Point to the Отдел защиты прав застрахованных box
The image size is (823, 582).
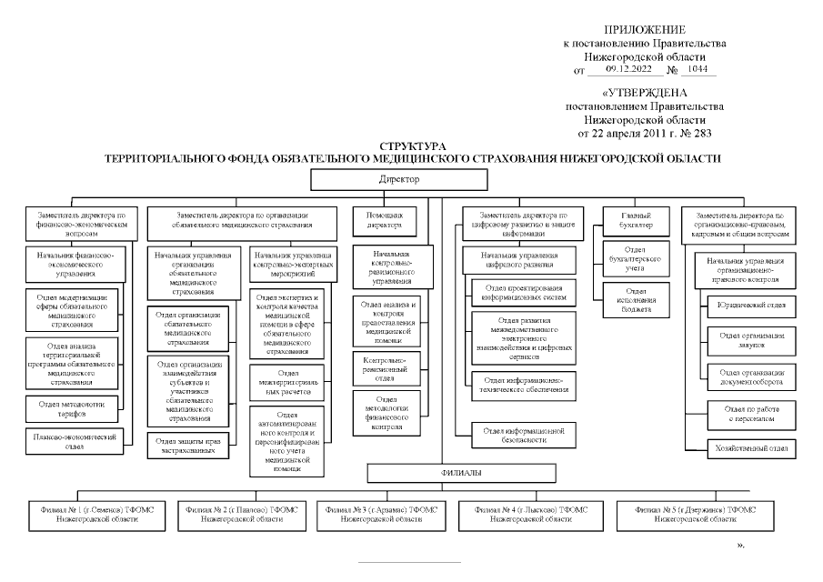(191, 446)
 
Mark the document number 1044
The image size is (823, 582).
(698, 69)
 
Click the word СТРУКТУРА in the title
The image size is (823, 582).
(413, 145)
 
